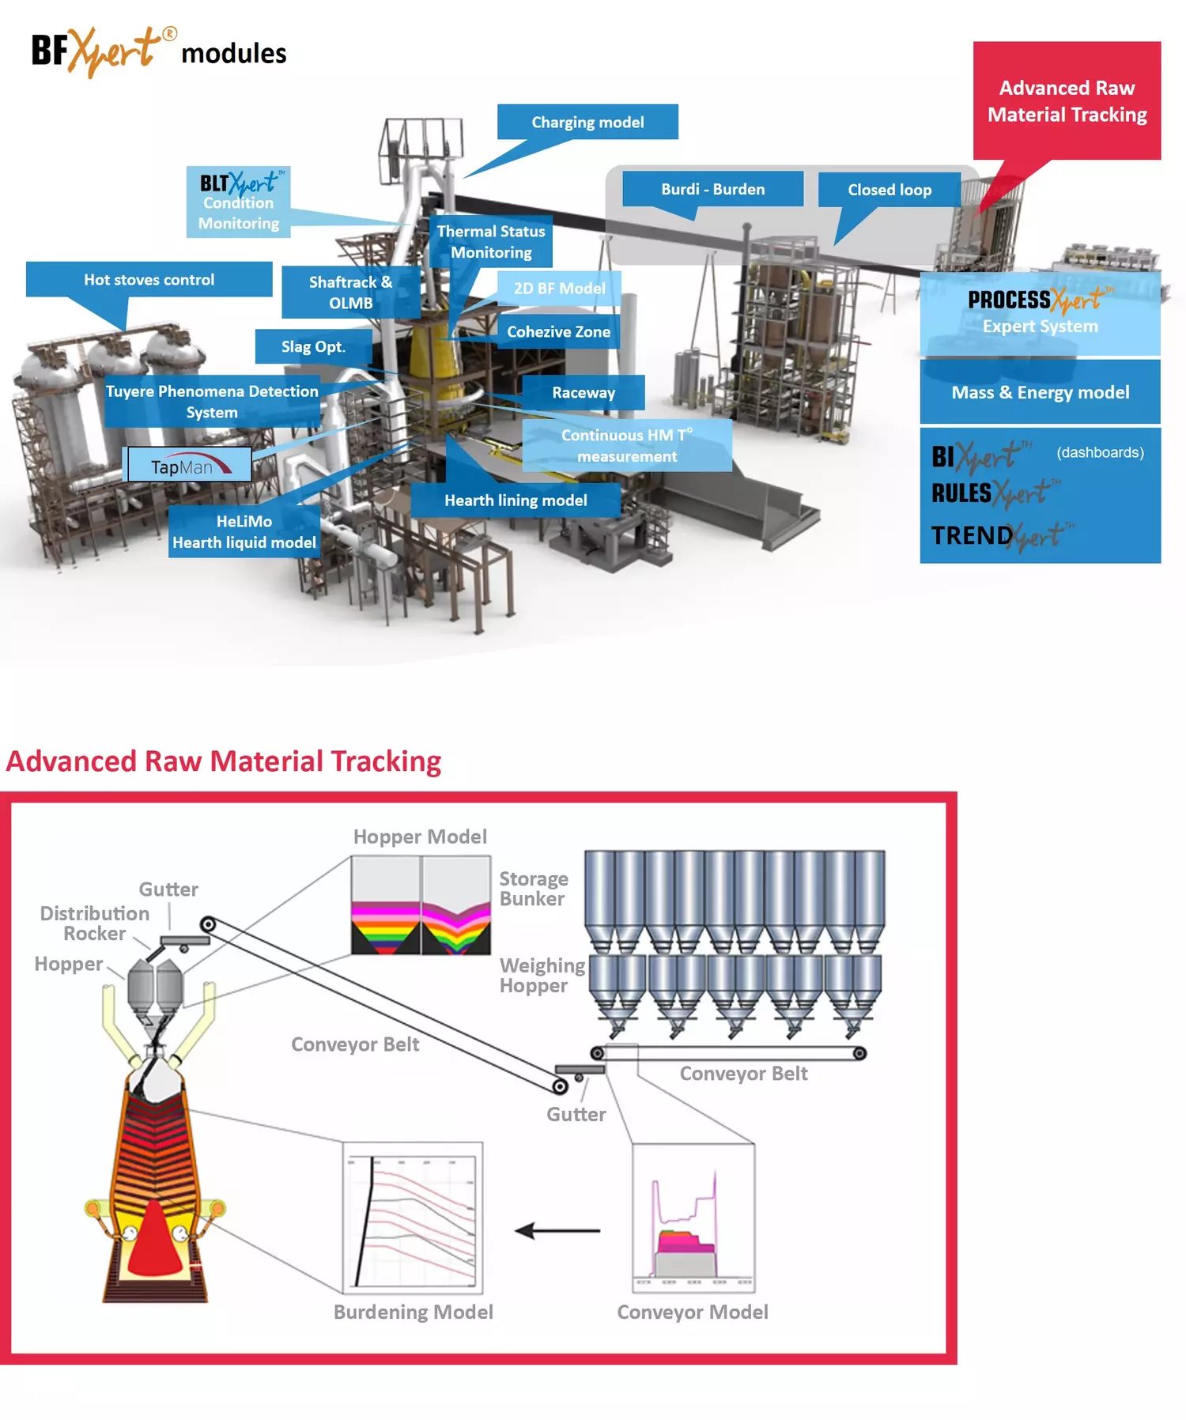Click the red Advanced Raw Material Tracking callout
(1067, 100)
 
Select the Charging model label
(587, 122)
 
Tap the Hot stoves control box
(149, 279)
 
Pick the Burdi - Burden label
(712, 189)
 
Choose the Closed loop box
(889, 190)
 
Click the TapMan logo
(189, 466)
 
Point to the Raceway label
(584, 392)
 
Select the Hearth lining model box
(516, 500)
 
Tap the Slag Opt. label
(313, 346)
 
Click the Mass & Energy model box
(1040, 392)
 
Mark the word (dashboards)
(1100, 452)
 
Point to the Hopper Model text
(420, 837)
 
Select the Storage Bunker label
(534, 889)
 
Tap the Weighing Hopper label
(542, 975)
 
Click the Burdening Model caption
(413, 1312)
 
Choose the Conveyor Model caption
(692, 1312)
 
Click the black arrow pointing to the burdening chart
(557, 1230)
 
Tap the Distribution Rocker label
(94, 923)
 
